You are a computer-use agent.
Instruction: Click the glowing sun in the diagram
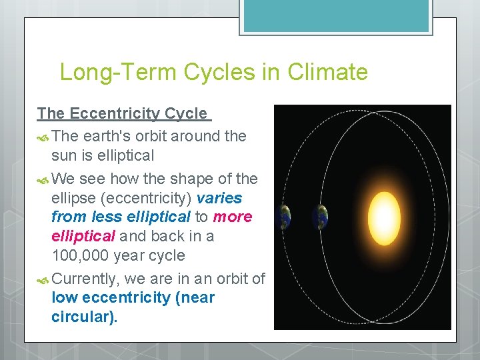382,217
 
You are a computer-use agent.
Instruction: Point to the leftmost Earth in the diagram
285,217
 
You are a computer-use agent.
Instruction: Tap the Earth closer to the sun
322,217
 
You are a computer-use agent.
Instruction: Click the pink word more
233,217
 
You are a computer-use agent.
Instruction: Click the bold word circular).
84,317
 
